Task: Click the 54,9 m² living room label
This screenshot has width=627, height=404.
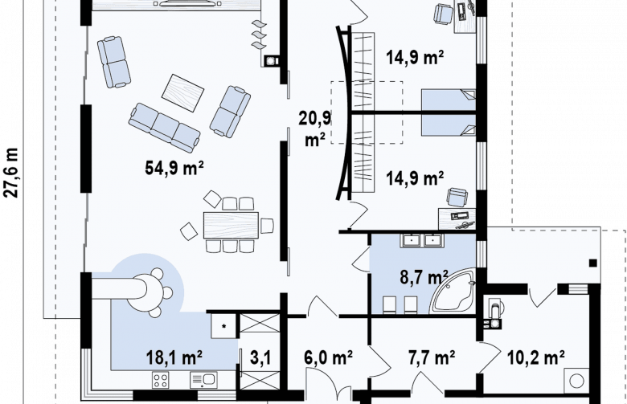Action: [x=174, y=167]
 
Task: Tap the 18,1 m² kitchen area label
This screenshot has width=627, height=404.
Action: [x=174, y=357]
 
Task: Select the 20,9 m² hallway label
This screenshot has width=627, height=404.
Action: [x=315, y=129]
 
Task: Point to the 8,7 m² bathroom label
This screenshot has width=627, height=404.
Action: [x=424, y=276]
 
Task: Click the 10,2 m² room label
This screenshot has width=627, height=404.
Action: [x=536, y=357]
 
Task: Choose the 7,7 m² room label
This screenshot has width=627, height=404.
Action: [x=432, y=357]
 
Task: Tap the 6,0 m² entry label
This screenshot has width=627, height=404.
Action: [x=328, y=357]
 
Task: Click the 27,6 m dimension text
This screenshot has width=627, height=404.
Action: [x=11, y=173]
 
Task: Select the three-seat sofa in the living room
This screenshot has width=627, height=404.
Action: [x=164, y=128]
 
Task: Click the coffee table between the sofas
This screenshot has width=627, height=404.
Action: [x=182, y=93]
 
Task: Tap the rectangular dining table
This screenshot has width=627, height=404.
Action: [x=232, y=226]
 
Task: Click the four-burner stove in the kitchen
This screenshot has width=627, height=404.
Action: [x=160, y=380]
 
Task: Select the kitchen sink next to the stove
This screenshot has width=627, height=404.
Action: [x=203, y=380]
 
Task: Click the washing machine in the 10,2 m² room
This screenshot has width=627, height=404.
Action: [x=576, y=381]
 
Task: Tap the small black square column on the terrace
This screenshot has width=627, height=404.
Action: [x=593, y=263]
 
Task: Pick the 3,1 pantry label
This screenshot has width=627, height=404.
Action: [x=260, y=357]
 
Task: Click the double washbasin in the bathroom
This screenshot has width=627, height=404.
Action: [x=421, y=241]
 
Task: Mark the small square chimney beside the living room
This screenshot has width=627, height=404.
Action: [x=272, y=61]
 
